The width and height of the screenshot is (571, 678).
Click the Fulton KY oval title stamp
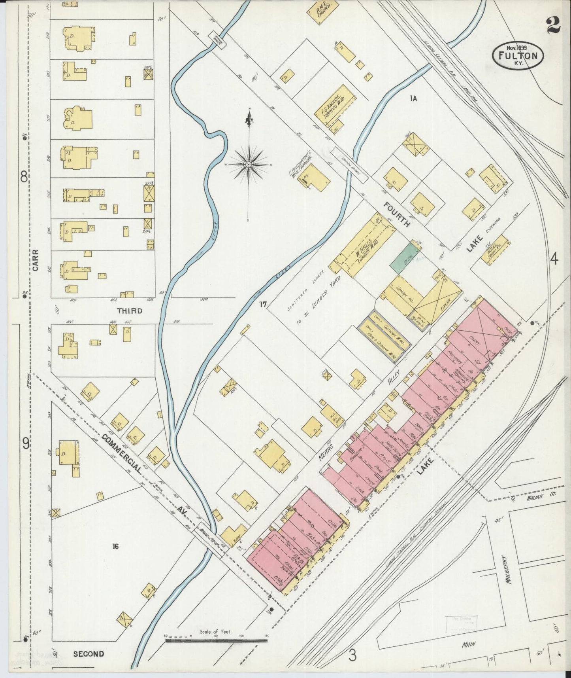[x=518, y=56]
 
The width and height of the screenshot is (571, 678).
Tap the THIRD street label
[x=130, y=311]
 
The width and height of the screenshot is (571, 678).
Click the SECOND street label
[x=89, y=654]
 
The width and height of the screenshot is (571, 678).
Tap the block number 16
[x=115, y=547]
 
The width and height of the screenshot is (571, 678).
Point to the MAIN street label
[x=469, y=644]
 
